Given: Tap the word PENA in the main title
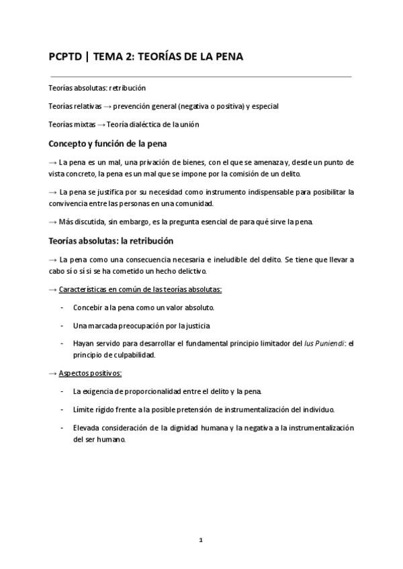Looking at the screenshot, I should pos(225,57).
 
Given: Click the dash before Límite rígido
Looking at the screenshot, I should pos(62,409).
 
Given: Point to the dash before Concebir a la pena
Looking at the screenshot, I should pos(62,307).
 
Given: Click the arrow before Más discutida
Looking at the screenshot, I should pos(53,222).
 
